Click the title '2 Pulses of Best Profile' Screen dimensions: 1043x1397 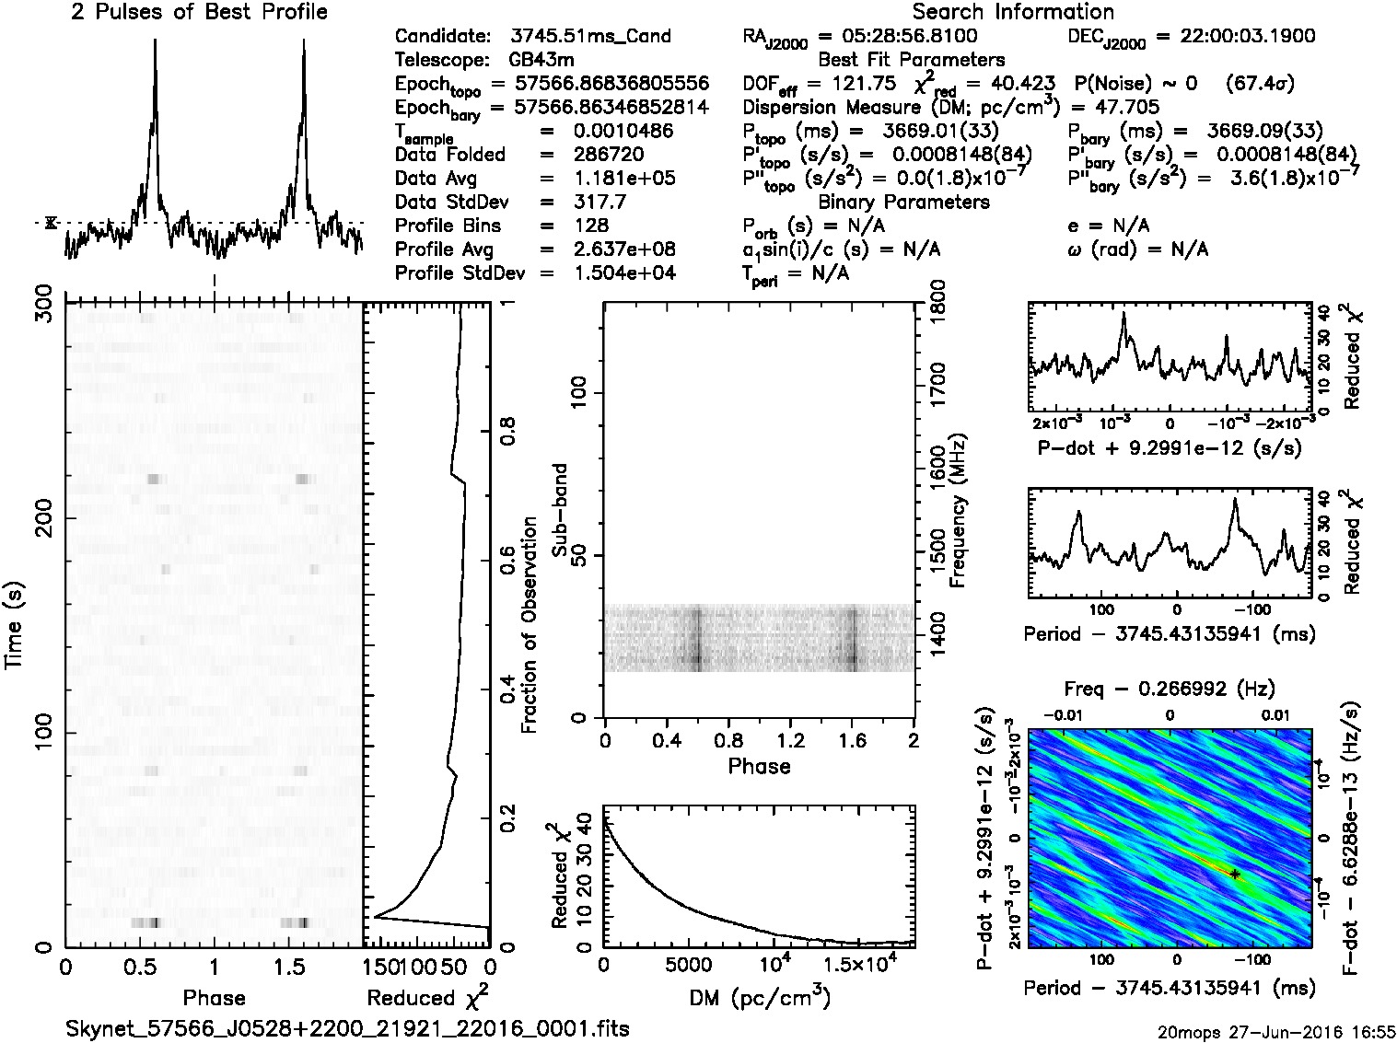click(199, 13)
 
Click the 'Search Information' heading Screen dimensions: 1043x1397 click(1013, 13)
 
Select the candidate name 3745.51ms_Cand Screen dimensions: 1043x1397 click(590, 37)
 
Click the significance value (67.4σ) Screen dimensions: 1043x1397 click(1261, 84)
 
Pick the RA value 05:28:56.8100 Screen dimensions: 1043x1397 click(898, 37)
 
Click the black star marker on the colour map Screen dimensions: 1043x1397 click(1235, 875)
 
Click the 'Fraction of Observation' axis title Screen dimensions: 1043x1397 click(529, 625)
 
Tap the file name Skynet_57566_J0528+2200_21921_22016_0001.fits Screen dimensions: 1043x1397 click(347, 1028)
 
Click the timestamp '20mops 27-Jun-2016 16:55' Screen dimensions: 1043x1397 click(1276, 1031)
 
